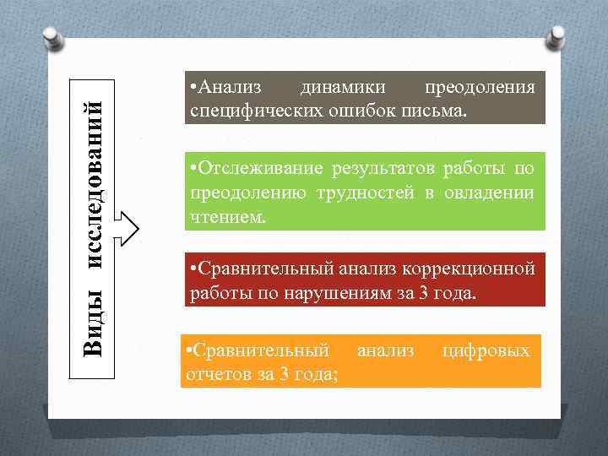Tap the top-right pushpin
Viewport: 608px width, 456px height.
(558, 35)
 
